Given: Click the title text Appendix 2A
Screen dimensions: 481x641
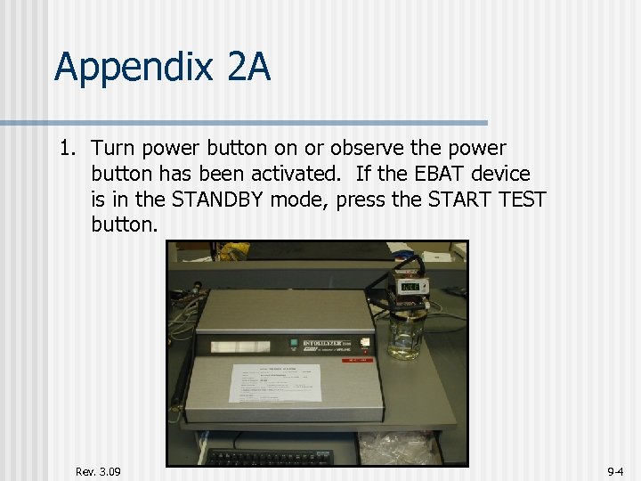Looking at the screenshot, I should tap(162, 68).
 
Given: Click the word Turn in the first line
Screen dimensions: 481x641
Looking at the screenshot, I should tap(112, 149).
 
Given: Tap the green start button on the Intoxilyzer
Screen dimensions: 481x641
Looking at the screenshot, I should tap(291, 341).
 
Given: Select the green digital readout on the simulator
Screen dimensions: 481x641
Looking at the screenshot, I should tap(411, 288).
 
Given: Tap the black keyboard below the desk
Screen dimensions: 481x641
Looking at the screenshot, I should tap(267, 457).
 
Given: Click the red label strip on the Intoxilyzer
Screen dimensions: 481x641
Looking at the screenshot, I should tap(361, 360).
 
